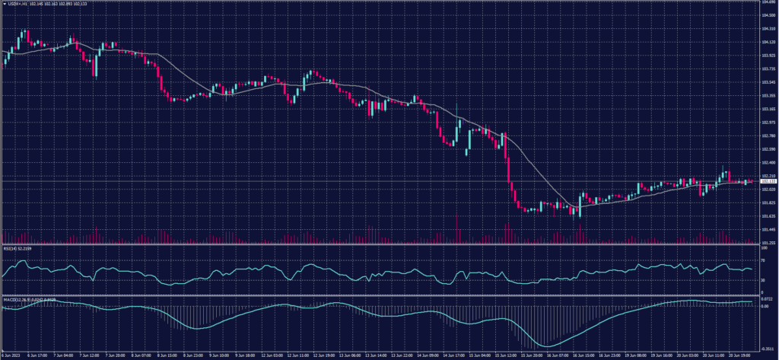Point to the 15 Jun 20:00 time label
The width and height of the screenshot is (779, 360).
point(531,355)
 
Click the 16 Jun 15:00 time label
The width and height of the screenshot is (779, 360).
point(583,355)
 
